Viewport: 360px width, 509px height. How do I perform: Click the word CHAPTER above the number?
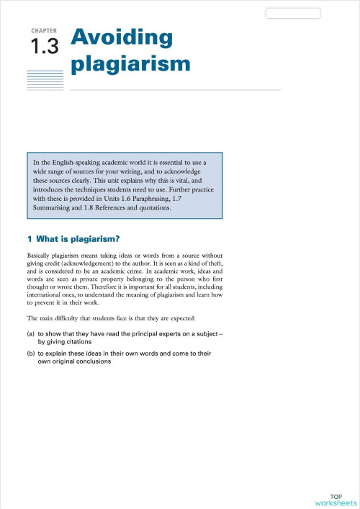coord(44,32)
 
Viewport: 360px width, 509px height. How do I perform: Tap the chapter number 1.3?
coord(43,48)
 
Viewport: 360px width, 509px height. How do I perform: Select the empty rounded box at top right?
coord(293,13)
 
